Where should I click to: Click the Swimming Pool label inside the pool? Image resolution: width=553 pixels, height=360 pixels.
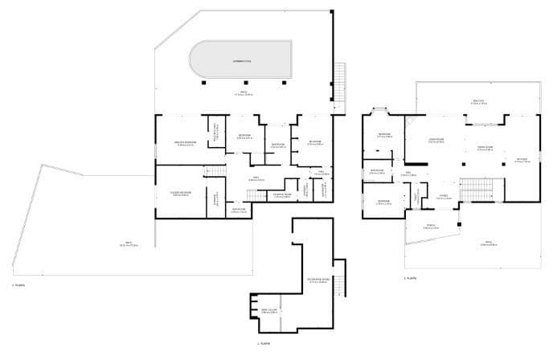242,61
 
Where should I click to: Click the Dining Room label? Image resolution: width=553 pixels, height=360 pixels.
485,149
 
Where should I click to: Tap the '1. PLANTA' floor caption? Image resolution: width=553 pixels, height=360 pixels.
264,343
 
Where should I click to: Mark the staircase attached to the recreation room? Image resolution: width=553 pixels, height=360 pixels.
338,284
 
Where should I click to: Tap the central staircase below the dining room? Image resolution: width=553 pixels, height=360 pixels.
470,184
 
